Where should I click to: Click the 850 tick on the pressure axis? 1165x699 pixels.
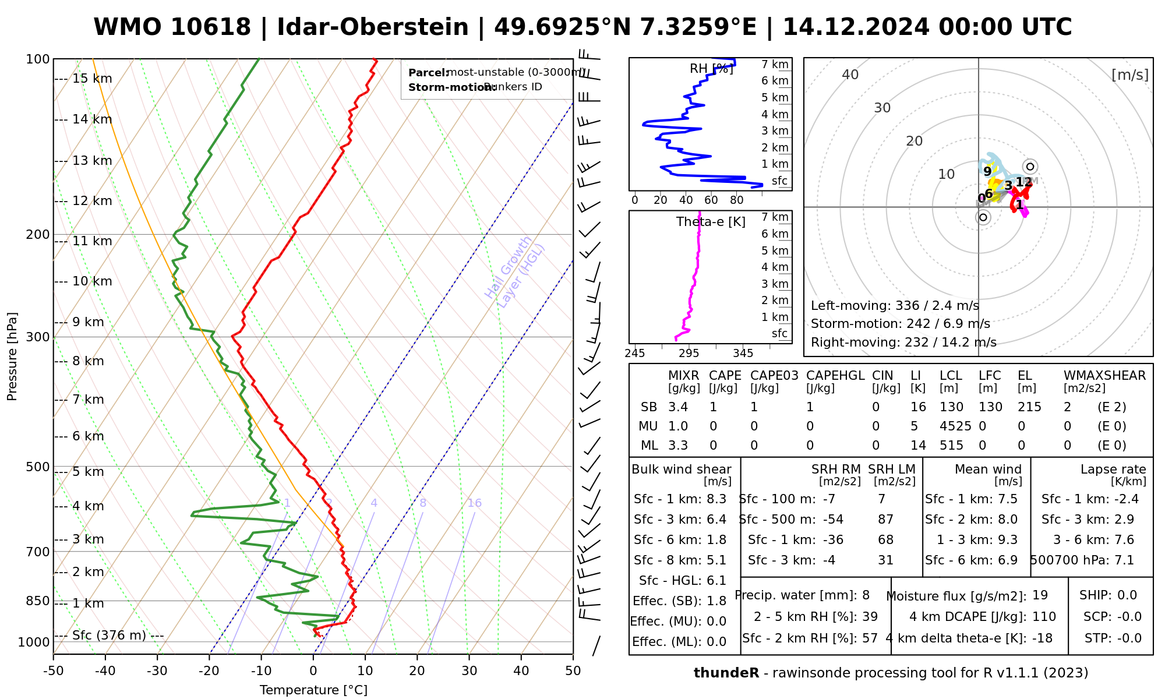[38, 601]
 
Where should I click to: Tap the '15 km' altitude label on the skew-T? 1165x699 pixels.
[92, 79]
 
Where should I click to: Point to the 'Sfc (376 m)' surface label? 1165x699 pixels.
[109, 635]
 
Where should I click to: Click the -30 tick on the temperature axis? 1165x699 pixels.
[157, 671]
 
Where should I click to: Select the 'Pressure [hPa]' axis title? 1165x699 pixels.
[12, 356]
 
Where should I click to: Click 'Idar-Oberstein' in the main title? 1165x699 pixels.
[373, 27]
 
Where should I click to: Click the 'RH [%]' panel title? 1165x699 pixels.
[711, 69]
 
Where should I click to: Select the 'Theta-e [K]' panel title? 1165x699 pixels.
[711, 222]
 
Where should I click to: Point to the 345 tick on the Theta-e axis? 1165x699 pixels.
[743, 354]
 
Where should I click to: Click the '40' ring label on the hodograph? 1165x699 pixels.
[850, 75]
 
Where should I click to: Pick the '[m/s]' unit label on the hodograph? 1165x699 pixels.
[1130, 75]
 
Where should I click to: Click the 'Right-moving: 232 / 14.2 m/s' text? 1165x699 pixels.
[903, 342]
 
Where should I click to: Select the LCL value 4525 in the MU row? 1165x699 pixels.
[955, 426]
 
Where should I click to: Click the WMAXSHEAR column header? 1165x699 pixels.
[1104, 376]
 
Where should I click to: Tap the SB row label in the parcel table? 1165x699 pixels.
[649, 407]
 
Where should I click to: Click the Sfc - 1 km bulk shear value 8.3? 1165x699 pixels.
[716, 499]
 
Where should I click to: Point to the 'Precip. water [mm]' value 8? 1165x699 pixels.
[866, 595]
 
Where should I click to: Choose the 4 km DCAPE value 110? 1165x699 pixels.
[1044, 617]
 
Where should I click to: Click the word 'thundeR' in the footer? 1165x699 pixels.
[726, 673]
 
